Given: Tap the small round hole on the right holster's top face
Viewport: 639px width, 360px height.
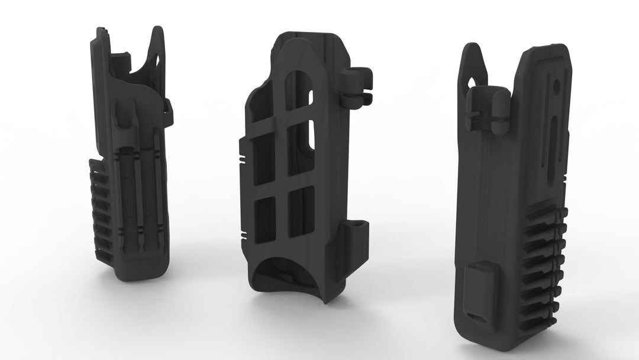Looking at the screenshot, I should pyautogui.click(x=557, y=88).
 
